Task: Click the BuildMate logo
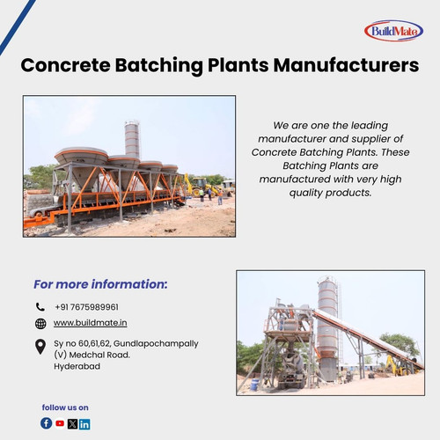click(x=393, y=31)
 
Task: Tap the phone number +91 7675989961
click(x=86, y=307)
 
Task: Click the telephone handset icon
click(x=40, y=307)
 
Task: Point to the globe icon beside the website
click(x=40, y=324)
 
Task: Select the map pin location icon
click(x=40, y=347)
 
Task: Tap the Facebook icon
click(x=47, y=423)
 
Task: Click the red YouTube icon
click(x=60, y=423)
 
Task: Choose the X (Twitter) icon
click(x=72, y=423)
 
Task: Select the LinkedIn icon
click(x=84, y=423)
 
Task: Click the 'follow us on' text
click(x=65, y=407)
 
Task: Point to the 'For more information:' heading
click(x=100, y=284)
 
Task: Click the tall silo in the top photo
click(x=132, y=141)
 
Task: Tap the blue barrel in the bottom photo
click(x=254, y=385)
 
